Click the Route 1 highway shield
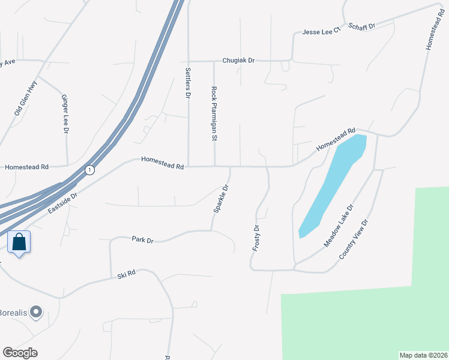point(89,170)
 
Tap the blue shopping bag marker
point(19,242)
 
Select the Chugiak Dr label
point(238,61)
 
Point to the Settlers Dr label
point(188,84)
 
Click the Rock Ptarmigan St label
point(214,113)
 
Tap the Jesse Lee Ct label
point(321,31)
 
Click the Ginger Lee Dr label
point(65,113)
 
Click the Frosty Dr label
point(256,238)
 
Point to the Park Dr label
point(142,240)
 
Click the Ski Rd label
point(127,274)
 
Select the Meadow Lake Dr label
point(340,225)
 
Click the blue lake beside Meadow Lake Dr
point(333,183)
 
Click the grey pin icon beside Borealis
point(37,311)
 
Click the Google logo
point(20,353)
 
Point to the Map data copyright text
point(423,355)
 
